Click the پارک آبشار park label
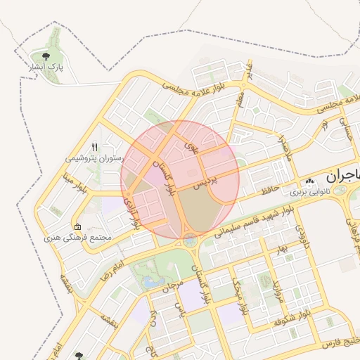46,67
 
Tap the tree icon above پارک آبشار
46,54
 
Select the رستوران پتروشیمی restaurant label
91,157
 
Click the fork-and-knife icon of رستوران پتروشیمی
94,147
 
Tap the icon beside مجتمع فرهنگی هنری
77,227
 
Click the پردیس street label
207,181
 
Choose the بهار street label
282,249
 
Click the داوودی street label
300,236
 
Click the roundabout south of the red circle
191,241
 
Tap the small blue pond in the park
150,281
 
